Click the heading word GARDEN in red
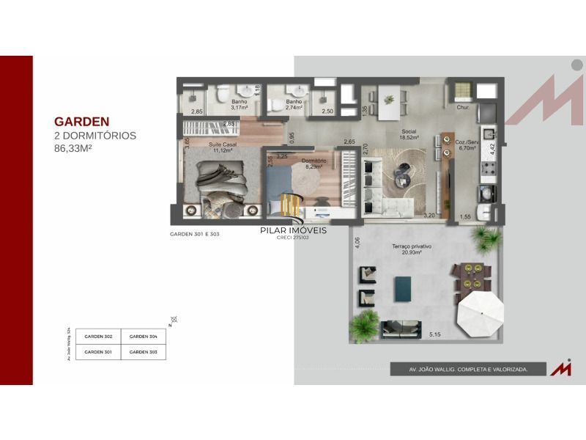(82, 122)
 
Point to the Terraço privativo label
(411, 249)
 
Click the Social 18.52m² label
(409, 134)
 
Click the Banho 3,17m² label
(240, 104)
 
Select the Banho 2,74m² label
(294, 104)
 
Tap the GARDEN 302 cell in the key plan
(98, 337)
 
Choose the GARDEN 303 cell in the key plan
(144, 352)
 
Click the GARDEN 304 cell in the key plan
(144, 337)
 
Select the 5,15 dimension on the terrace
(435, 335)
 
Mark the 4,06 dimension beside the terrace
(357, 243)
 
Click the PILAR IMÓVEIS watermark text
(294, 230)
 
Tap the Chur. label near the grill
(463, 108)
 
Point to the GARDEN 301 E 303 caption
(195, 235)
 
